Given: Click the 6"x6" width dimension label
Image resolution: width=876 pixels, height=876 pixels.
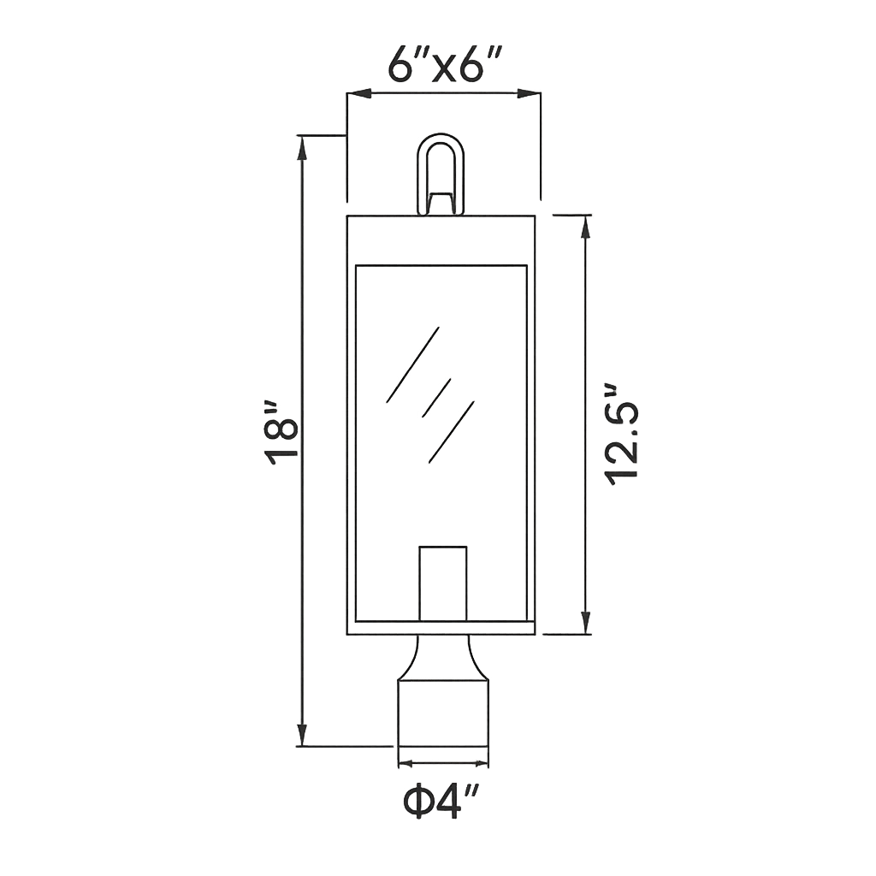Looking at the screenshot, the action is pyautogui.click(x=442, y=63).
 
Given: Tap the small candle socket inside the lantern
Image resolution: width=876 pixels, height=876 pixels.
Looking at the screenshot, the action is pyautogui.click(x=442, y=583).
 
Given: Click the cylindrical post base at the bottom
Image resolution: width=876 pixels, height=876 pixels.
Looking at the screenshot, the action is pyautogui.click(x=443, y=713).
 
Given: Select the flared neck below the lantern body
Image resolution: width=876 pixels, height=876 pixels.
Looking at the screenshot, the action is pyautogui.click(x=443, y=657).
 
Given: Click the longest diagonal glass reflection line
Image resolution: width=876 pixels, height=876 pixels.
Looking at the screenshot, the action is pyautogui.click(x=412, y=364).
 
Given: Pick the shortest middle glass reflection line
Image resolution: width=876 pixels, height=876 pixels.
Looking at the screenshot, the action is pyautogui.click(x=436, y=397).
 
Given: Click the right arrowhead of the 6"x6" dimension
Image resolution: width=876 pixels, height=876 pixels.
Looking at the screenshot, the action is pyautogui.click(x=529, y=93).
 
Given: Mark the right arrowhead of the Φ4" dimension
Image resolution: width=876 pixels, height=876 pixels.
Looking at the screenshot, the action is pyautogui.click(x=482, y=762).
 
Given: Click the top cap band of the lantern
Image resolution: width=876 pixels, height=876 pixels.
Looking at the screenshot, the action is pyautogui.click(x=441, y=240).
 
